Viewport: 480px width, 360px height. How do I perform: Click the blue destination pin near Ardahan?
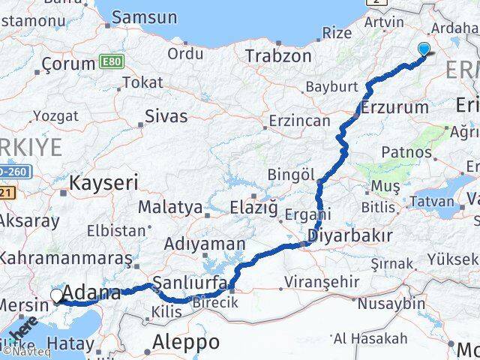(x=424, y=49)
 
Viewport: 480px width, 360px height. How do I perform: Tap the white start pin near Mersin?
(x=58, y=296)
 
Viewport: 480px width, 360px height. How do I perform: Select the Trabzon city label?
(x=278, y=55)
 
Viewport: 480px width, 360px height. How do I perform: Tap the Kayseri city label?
(x=104, y=181)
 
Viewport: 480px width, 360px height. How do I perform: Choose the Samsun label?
(x=143, y=16)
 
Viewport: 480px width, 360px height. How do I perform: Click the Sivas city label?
(x=166, y=115)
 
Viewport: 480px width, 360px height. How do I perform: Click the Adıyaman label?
(x=205, y=244)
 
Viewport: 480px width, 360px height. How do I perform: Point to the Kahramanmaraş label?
(x=64, y=258)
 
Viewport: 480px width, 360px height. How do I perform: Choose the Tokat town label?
(x=142, y=82)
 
